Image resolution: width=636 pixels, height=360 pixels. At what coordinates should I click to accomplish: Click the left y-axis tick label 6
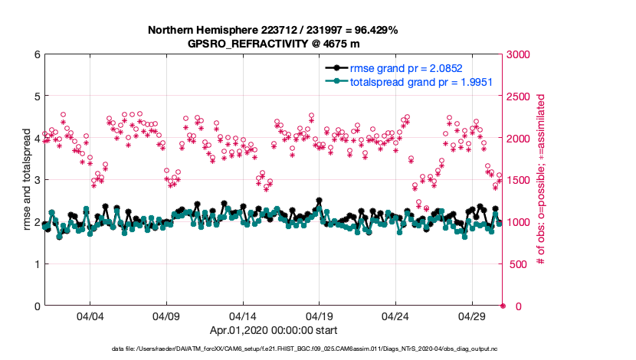point(37,54)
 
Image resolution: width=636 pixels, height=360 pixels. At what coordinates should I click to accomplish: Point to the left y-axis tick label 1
point(37,264)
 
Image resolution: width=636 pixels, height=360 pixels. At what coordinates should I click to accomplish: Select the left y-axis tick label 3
point(37,180)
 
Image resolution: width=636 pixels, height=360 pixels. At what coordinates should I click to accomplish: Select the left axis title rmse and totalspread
point(26,180)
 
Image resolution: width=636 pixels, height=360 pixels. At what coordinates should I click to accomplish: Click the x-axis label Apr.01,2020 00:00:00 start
point(274,331)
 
